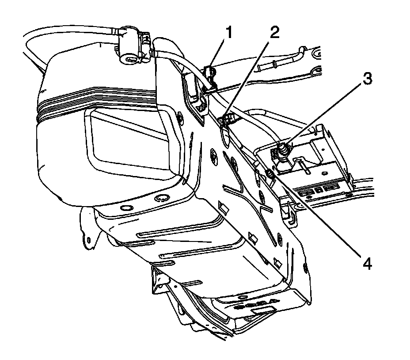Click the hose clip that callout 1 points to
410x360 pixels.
tap(210, 75)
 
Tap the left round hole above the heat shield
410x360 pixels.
tap(126, 208)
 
